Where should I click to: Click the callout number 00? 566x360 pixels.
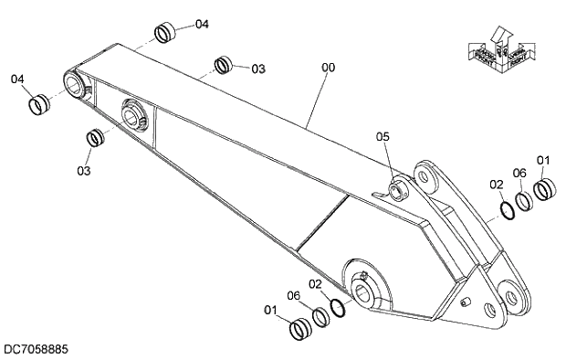pyautogui.click(x=328, y=67)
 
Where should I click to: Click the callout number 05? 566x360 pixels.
pyautogui.click(x=383, y=136)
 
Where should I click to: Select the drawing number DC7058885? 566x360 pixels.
pyautogui.click(x=35, y=349)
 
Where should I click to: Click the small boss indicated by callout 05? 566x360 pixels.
pyautogui.click(x=398, y=189)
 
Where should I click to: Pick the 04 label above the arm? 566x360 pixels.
pyautogui.click(x=201, y=24)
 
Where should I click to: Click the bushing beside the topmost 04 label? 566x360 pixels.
pyautogui.click(x=166, y=34)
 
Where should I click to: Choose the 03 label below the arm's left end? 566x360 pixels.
pyautogui.click(x=83, y=170)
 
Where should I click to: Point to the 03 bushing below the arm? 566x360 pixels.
pyautogui.click(x=94, y=139)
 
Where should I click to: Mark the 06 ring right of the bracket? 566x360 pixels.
pyautogui.click(x=525, y=200)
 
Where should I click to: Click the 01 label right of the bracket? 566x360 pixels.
pyautogui.click(x=543, y=161)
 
